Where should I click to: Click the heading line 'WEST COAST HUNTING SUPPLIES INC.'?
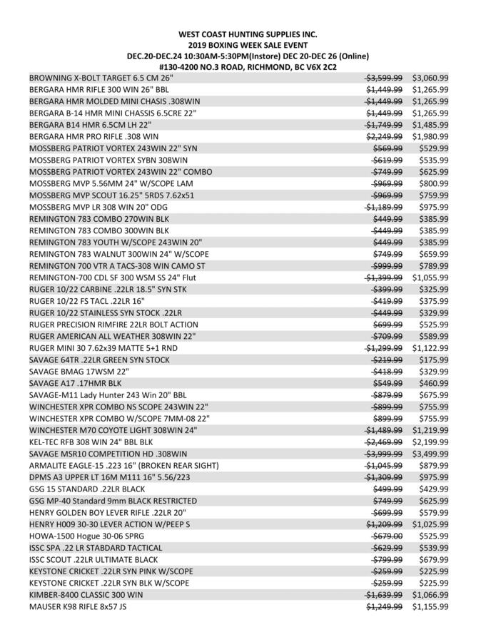pyautogui.click(x=248, y=34)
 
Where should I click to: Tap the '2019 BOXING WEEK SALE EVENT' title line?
pyautogui.click(x=248, y=45)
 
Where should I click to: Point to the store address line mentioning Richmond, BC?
pyautogui.click(x=248, y=66)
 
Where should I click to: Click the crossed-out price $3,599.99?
pyautogui.click(x=384, y=78)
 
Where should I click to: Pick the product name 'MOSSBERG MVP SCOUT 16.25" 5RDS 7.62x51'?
pyautogui.click(x=111, y=195)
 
